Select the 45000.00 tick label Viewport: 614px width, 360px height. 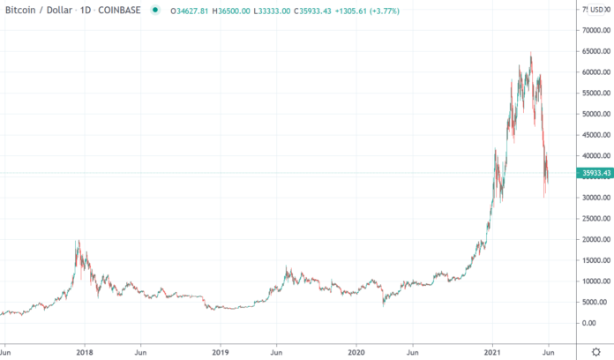pos(593,135)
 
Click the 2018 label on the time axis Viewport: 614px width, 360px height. pos(85,349)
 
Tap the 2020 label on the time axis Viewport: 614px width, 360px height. pos(357,349)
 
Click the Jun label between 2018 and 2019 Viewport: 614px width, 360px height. pos(139,349)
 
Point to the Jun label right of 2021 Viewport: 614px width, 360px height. pos(549,349)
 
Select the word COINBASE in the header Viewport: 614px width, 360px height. pos(118,11)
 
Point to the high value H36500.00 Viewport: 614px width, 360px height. pos(232,11)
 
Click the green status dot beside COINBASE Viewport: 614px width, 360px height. pos(154,11)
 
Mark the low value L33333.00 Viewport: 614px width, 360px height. pos(278,11)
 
